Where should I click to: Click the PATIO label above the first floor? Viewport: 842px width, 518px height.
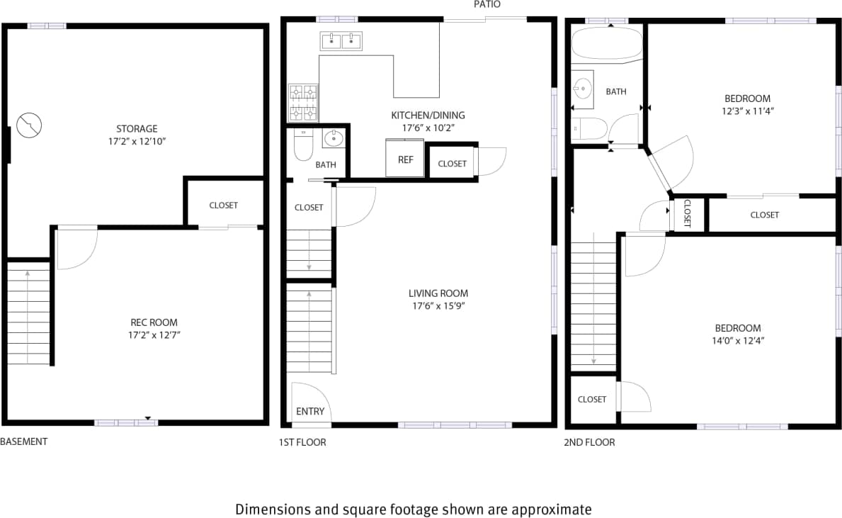pos(487,4)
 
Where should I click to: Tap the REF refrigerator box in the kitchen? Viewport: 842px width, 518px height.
pos(405,159)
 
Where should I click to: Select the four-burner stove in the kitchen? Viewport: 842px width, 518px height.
pos(303,102)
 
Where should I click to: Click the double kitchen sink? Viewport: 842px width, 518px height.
pos(341,42)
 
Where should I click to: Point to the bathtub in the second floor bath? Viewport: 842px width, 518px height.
pos(606,45)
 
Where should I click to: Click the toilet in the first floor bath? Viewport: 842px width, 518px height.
pos(304,145)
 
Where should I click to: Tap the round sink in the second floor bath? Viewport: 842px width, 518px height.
pos(583,89)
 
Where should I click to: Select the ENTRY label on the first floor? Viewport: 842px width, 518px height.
pos(310,412)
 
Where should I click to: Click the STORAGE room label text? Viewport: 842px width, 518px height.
pos(137,129)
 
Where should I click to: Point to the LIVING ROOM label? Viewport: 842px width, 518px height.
pos(438,293)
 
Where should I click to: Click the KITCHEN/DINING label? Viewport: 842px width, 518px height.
pos(428,116)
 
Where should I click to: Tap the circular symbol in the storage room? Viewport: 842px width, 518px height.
pos(29,125)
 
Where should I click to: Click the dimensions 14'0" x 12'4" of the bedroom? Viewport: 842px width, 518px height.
pos(737,341)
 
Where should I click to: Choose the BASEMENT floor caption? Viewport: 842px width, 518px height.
pos(24,441)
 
